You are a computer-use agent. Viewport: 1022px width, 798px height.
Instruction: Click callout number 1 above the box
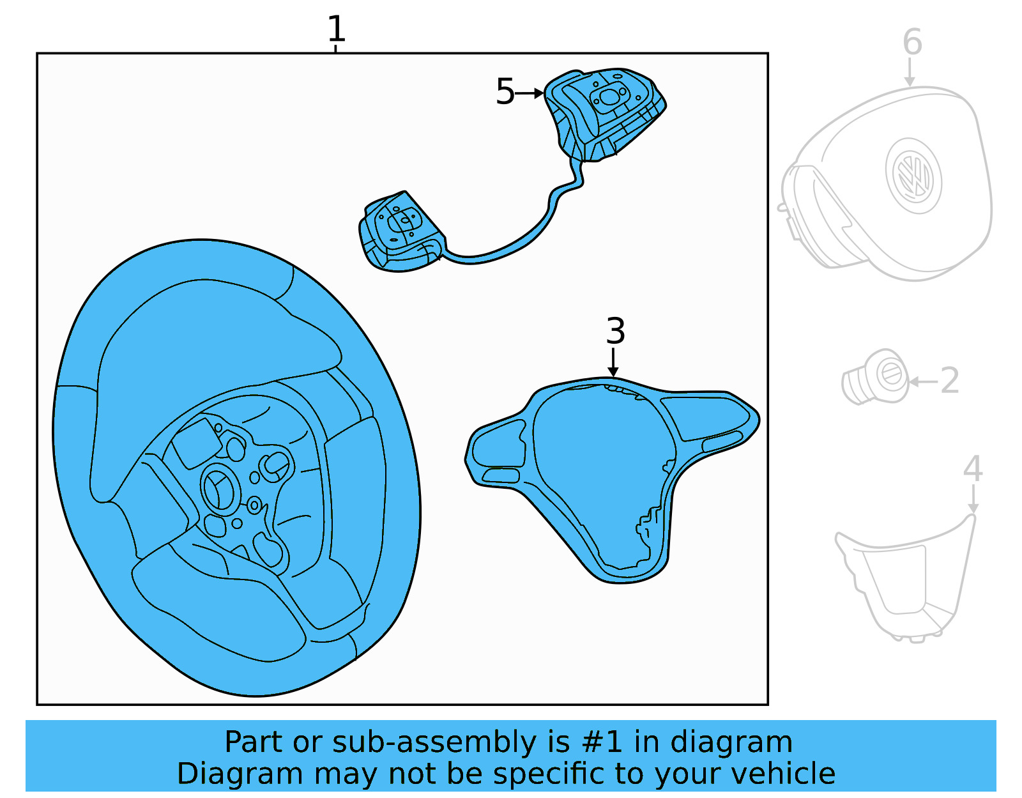[x=336, y=29]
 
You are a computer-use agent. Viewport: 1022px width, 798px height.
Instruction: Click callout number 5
[x=505, y=92]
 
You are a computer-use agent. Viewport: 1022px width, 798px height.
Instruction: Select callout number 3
[x=615, y=331]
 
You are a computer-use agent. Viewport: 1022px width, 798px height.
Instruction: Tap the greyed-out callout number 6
[x=912, y=43]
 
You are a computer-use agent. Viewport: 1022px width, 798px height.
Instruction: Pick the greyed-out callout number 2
[x=950, y=381]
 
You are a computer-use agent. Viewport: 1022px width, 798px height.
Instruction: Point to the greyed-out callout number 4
[x=972, y=469]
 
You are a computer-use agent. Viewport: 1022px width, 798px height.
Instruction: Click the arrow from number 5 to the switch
[x=530, y=93]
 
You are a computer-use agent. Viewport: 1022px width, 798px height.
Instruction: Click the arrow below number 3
[x=613, y=362]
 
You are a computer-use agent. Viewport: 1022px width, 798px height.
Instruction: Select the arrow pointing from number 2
[x=923, y=382]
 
